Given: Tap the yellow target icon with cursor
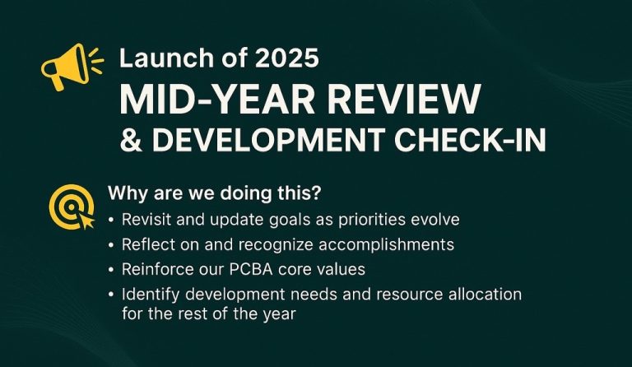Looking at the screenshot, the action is (72, 207).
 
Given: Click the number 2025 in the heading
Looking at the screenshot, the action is (287, 58).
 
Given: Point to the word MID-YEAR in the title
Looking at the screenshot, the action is (217, 100).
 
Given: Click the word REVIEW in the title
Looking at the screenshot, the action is (403, 100).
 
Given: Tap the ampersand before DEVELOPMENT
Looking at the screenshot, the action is (132, 139).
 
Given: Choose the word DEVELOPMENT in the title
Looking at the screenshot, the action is (268, 139).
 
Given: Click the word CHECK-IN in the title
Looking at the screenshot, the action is (470, 139).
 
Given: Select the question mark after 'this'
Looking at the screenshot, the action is (317, 193).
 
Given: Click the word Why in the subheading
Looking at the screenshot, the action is (123, 194).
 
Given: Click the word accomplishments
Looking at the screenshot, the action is (387, 245).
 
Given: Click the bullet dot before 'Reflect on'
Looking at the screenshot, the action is (111, 245).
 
